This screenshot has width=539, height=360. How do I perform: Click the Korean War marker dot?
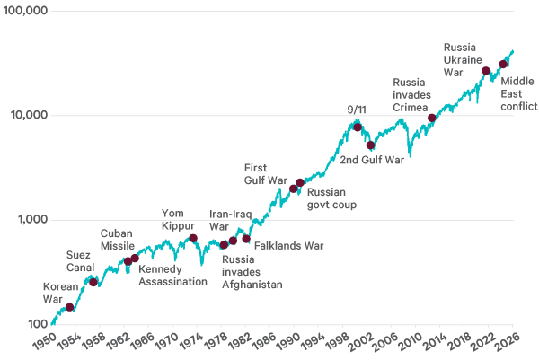pyautogui.click(x=70, y=307)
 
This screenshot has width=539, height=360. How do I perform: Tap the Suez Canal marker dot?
pyautogui.click(x=93, y=282)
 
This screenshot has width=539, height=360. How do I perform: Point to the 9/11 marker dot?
pyautogui.click(x=358, y=127)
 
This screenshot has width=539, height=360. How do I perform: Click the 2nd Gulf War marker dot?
pyautogui.click(x=371, y=145)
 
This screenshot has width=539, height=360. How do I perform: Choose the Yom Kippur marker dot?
pyautogui.click(x=193, y=238)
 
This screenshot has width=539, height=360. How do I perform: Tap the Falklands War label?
pyautogui.click(x=288, y=245)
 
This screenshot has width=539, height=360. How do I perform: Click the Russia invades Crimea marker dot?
pyautogui.click(x=432, y=118)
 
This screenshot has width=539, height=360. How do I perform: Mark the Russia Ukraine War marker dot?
pyautogui.click(x=486, y=71)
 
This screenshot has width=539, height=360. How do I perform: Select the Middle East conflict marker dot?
pyautogui.click(x=503, y=64)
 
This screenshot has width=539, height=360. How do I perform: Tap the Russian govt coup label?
pyautogui.click(x=332, y=198)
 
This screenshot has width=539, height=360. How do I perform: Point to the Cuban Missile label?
pyautogui.click(x=117, y=240)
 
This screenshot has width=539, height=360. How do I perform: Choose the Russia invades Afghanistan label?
pyautogui.click(x=252, y=273)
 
